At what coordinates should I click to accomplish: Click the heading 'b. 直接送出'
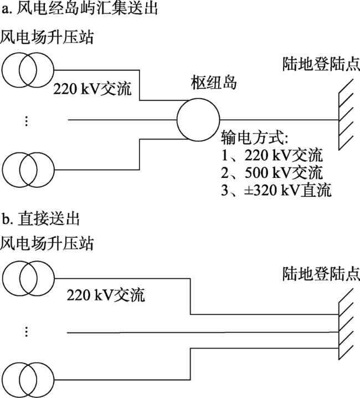coord(41,219)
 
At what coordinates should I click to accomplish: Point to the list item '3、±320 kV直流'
coord(276,191)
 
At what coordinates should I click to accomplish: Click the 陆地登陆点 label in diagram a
coord(320,65)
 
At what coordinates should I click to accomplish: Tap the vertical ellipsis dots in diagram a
coord(25,121)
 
